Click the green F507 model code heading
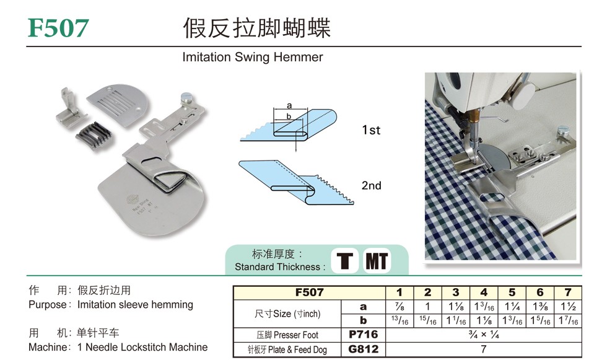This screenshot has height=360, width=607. [x=58, y=29]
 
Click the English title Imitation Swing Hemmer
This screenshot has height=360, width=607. [x=253, y=57]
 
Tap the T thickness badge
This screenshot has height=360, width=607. [x=344, y=261]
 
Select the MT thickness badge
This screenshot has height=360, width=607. [x=377, y=261]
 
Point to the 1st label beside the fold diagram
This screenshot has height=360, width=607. [x=371, y=130]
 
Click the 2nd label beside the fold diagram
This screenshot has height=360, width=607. [x=371, y=185]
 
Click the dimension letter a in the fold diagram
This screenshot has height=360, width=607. [x=289, y=105]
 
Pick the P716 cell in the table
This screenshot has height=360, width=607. [x=363, y=335]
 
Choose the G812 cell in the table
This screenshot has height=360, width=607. [x=363, y=349]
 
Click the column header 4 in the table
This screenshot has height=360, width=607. [x=484, y=292]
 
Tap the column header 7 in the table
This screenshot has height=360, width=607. [x=568, y=292]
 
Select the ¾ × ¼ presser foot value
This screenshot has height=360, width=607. [x=484, y=335]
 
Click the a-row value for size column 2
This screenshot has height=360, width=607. [x=427, y=307]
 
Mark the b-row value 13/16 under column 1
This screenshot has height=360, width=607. [x=400, y=321]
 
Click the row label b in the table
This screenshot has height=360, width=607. [x=363, y=320]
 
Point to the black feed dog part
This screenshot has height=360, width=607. [x=94, y=134]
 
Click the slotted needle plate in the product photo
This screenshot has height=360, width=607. [x=117, y=103]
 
